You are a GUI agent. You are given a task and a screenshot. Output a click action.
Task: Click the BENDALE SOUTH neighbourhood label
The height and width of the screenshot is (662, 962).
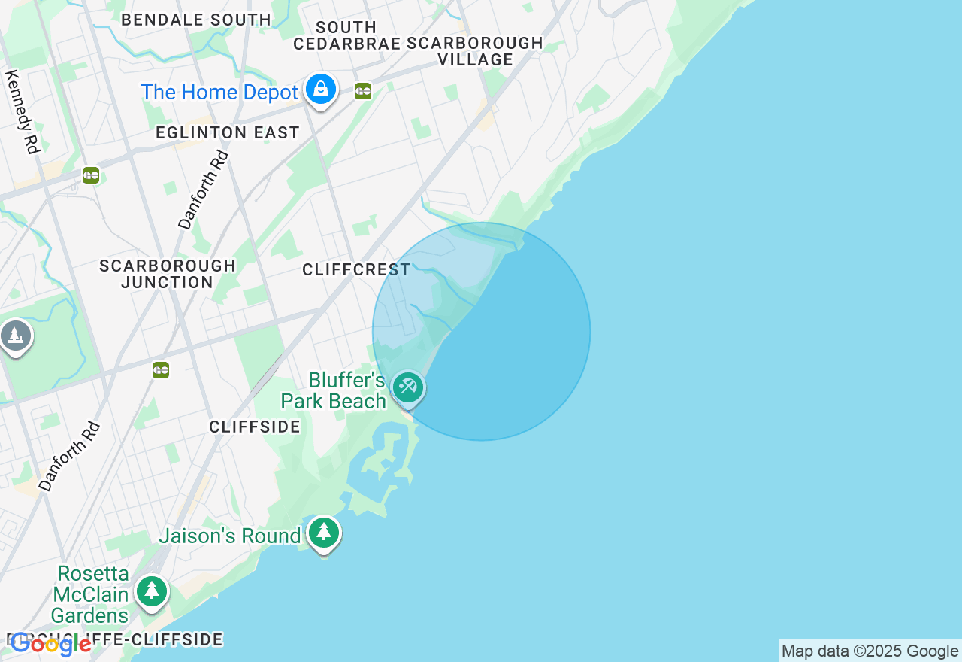(x=196, y=20)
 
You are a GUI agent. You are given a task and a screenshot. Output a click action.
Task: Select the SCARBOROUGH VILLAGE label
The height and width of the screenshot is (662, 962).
(x=475, y=51)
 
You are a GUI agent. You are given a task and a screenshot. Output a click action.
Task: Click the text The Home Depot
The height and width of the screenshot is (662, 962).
(x=219, y=93)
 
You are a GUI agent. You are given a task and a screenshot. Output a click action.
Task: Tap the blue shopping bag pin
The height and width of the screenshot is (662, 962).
(x=321, y=90)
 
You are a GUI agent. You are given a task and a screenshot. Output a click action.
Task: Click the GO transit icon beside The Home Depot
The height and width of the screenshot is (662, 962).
(x=363, y=91)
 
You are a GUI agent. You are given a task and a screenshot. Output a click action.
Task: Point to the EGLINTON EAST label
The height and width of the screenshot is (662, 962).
(x=228, y=133)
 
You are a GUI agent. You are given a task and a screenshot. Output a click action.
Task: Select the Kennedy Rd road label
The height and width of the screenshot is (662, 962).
(x=23, y=112)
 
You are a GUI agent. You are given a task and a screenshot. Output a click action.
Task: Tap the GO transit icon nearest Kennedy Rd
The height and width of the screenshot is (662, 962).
(x=91, y=175)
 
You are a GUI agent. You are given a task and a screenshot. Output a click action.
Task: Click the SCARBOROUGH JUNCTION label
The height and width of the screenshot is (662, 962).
(x=168, y=275)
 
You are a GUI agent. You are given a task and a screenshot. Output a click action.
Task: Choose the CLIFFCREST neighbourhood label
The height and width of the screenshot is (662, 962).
(x=356, y=270)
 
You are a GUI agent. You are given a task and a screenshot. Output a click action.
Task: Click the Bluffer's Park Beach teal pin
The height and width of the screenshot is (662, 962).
(x=408, y=387)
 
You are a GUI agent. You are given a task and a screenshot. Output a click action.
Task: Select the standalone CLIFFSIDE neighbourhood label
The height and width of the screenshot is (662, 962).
(x=255, y=427)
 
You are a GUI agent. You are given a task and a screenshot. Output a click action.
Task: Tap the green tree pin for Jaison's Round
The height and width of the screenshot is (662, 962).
(x=324, y=533)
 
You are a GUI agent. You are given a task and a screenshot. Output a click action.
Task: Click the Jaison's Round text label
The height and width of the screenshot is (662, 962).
(x=229, y=536)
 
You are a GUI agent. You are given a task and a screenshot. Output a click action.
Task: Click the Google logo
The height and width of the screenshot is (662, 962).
(x=50, y=645)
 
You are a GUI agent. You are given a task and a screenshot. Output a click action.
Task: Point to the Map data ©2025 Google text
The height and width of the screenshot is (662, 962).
(x=870, y=651)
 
